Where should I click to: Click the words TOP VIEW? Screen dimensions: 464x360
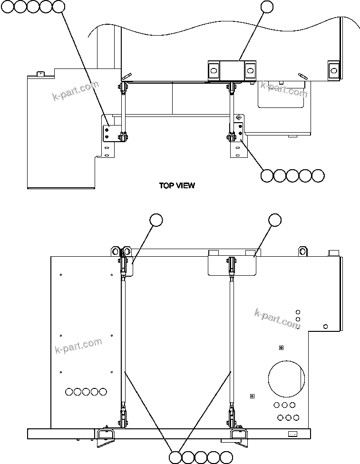[177, 186]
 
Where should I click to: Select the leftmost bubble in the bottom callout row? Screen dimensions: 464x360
[175, 457]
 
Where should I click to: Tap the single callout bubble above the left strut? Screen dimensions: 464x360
[156, 220]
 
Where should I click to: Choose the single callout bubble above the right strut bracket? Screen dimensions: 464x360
[275, 220]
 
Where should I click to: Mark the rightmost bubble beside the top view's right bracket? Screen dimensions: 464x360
[318, 175]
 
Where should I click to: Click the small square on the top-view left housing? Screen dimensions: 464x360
[40, 74]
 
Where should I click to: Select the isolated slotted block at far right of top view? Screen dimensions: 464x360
[334, 69]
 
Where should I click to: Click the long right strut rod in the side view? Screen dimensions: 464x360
[233, 340]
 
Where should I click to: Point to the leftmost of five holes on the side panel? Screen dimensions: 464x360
[69, 392]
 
